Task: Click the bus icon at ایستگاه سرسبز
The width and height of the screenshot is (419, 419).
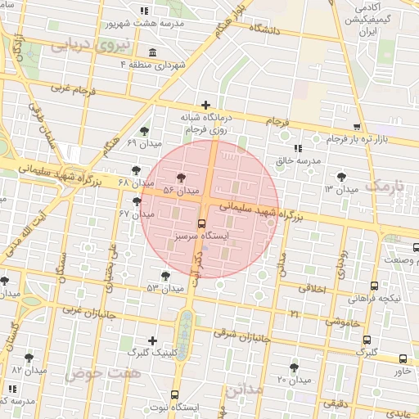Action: click(x=201, y=223)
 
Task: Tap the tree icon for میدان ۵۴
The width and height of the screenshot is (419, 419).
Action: click(x=181, y=177)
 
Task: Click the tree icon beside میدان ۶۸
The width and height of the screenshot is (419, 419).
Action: click(x=136, y=169)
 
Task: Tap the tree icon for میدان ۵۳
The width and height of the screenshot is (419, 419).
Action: click(x=166, y=276)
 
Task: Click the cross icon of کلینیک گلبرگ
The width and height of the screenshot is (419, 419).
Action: click(x=152, y=340)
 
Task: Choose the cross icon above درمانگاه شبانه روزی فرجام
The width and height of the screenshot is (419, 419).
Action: click(x=205, y=105)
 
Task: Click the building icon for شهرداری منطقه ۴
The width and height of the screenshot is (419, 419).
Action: click(x=153, y=52)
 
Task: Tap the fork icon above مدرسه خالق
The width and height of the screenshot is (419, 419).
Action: click(x=297, y=148)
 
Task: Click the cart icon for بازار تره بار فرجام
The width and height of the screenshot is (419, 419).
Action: click(x=357, y=126)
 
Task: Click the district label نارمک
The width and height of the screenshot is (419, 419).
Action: click(x=386, y=185)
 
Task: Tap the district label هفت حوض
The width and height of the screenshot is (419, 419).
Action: click(x=103, y=373)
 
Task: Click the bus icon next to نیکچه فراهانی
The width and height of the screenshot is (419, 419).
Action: click(x=374, y=286)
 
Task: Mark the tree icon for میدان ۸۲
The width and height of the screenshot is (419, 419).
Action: click(x=29, y=358)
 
